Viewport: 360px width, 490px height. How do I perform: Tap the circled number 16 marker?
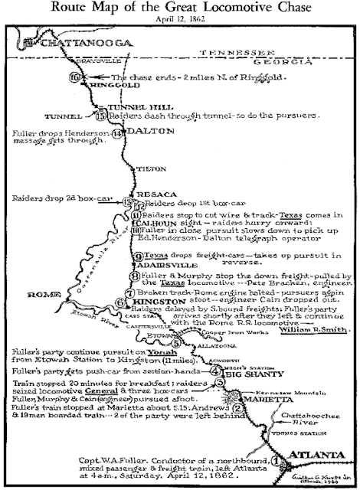coord(74,77)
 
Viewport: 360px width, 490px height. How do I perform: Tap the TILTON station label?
coord(144,169)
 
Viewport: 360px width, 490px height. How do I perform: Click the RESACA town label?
coord(153,194)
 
